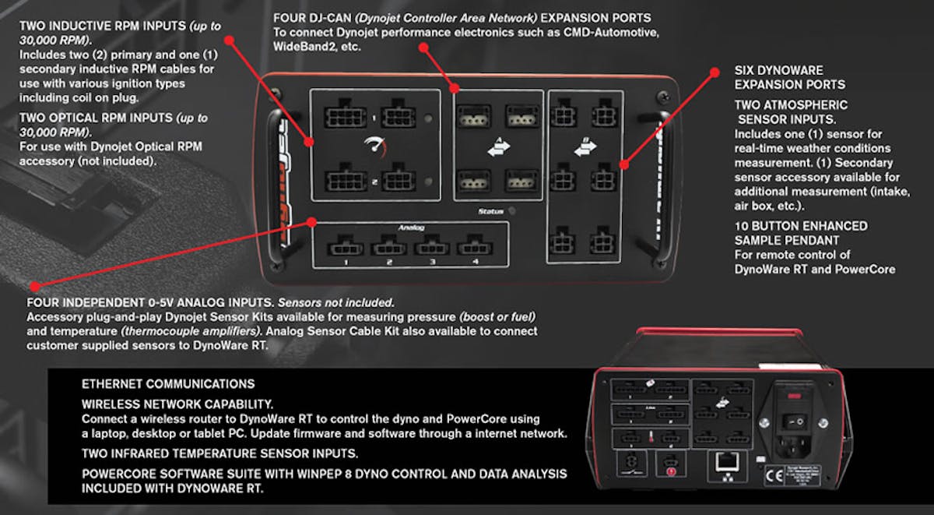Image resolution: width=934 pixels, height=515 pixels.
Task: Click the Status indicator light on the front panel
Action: pyautogui.click(x=522, y=210)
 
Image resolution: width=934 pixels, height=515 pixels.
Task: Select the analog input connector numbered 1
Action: pyautogui.click(x=342, y=249)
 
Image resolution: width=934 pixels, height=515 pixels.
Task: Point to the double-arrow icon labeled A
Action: pyautogui.click(x=498, y=147)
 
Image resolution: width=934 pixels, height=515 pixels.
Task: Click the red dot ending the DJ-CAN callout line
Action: pyautogui.click(x=424, y=47)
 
